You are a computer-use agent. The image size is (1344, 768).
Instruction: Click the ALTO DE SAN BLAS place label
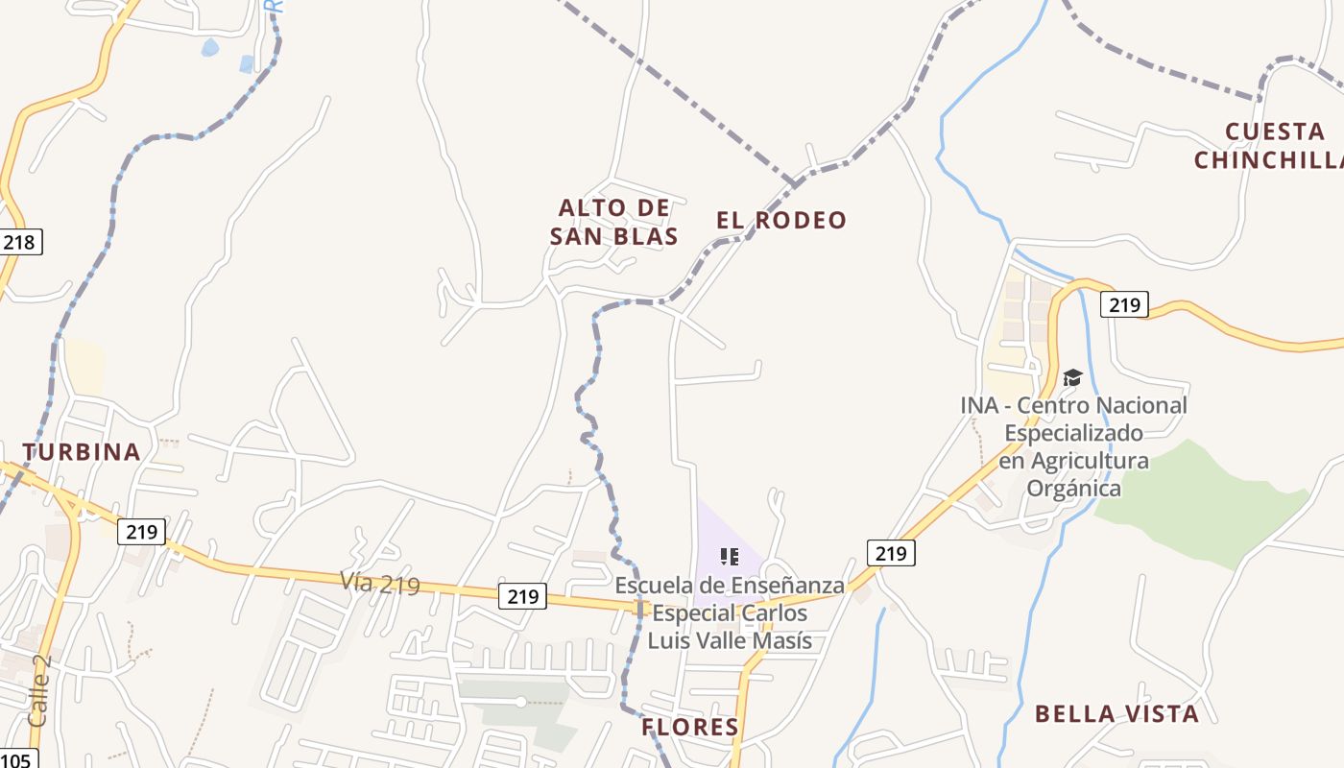point(614,222)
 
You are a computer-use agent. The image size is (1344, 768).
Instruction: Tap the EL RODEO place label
point(781,220)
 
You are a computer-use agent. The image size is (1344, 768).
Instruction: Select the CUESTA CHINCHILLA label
point(1268,146)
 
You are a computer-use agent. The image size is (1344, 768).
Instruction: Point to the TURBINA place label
point(82,452)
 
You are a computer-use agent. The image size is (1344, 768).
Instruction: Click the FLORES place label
point(690,727)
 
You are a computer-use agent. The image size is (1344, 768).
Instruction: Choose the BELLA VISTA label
point(1116,714)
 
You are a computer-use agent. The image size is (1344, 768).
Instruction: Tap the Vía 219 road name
point(380,583)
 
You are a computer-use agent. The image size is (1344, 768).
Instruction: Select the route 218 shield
point(19,242)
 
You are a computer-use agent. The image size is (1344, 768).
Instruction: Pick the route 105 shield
point(17,759)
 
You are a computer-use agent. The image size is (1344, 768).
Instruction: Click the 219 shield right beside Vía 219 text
point(523,596)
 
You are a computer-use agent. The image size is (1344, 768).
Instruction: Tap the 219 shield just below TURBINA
point(142,531)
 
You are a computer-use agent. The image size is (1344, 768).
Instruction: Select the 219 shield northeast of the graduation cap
point(1124,305)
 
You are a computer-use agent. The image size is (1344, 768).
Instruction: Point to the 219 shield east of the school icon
point(891,553)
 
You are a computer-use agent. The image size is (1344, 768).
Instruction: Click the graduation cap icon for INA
point(1072,377)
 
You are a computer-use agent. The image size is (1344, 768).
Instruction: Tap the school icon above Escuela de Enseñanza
point(730,556)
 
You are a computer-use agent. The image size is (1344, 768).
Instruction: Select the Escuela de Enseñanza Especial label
point(730,612)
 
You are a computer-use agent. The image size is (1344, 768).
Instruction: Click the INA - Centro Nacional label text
point(1073,446)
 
